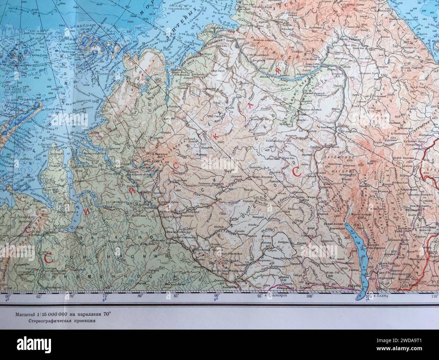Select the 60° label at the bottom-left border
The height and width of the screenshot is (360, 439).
8,296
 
